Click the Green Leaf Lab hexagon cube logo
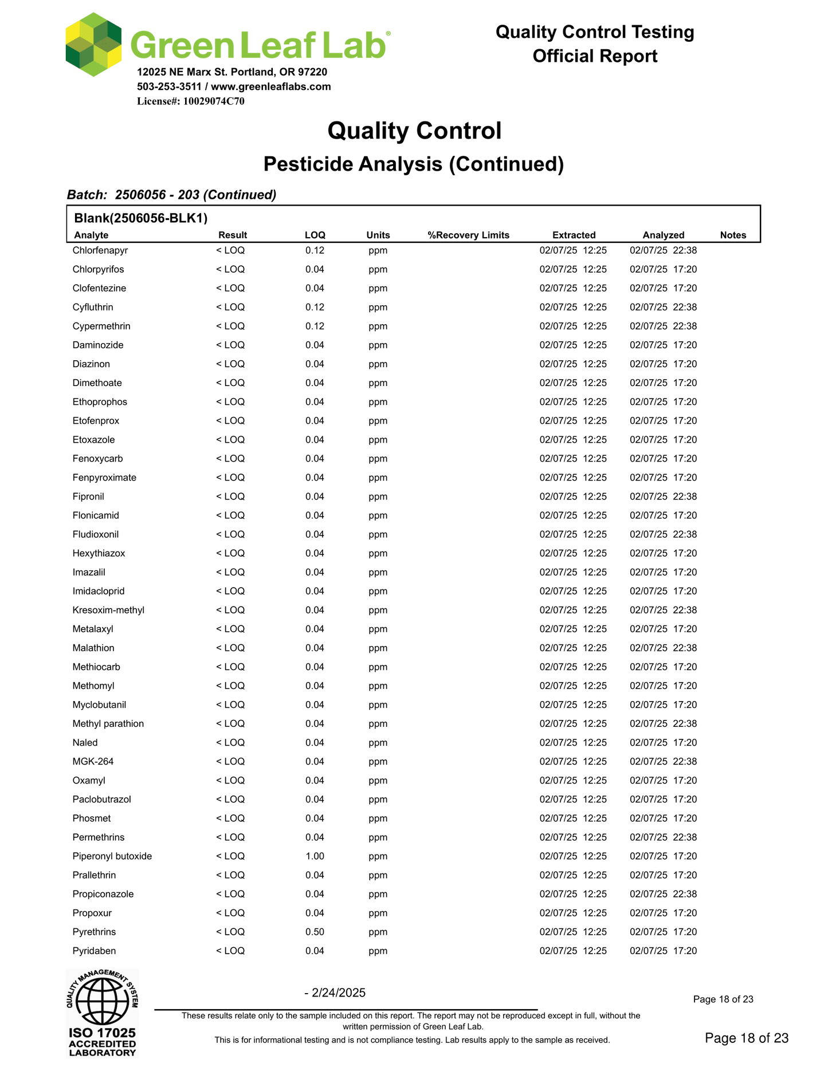(93, 45)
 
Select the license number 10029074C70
(214, 101)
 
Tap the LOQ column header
(315, 235)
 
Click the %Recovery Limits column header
(468, 235)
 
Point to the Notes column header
(733, 235)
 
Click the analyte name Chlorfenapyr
(100, 250)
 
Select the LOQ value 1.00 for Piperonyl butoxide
(315, 856)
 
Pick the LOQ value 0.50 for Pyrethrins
(315, 932)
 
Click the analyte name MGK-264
(93, 761)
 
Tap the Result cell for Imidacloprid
(230, 591)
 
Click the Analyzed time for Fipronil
(663, 497)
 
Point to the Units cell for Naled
(378, 743)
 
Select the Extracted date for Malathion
(573, 648)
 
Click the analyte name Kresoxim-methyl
(108, 610)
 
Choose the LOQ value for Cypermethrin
(315, 326)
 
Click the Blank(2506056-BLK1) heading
(140, 218)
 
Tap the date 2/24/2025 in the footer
(338, 993)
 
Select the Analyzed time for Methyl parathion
(663, 723)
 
